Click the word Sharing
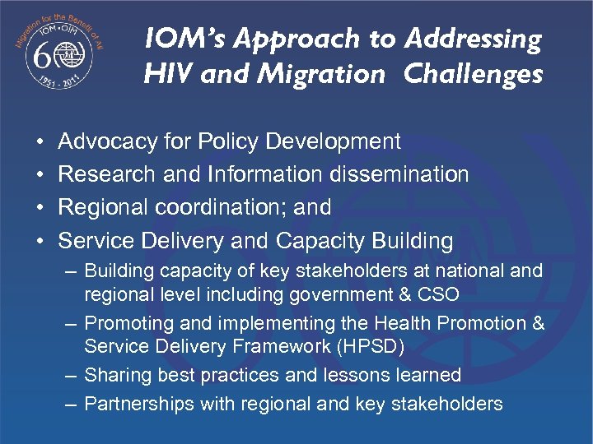pyautogui.click(x=116, y=376)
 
